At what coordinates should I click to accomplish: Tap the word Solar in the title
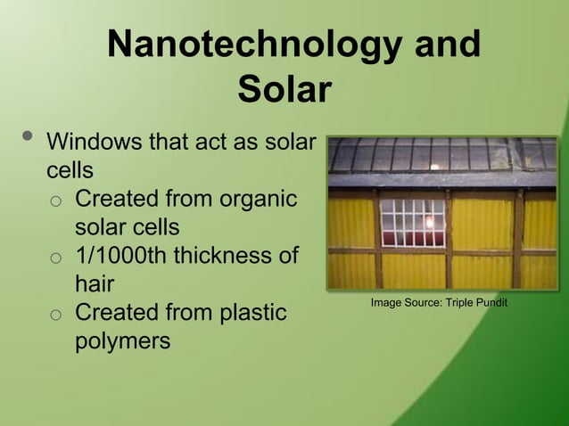(284, 91)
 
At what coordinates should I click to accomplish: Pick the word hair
(95, 283)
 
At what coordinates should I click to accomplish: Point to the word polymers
(122, 341)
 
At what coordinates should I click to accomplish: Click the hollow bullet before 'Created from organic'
(55, 199)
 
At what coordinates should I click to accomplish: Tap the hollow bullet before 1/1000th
(55, 257)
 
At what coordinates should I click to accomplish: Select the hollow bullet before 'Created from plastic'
(55, 315)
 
